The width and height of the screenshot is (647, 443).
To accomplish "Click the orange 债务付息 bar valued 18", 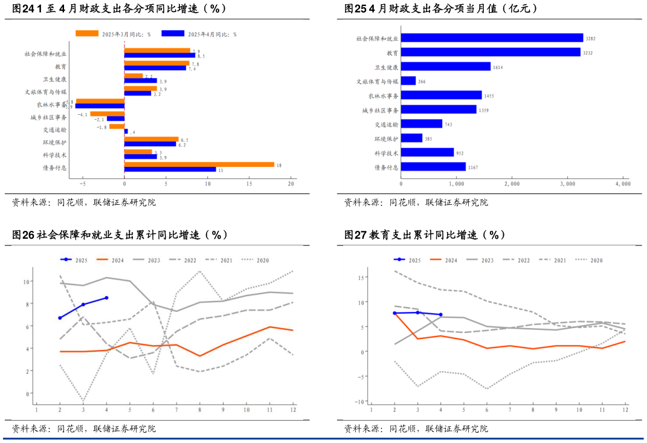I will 199,164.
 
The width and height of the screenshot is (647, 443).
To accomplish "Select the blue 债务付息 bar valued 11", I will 170,169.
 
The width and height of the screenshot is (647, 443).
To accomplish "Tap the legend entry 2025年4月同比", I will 199,34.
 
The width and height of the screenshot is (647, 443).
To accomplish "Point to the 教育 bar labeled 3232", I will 491,52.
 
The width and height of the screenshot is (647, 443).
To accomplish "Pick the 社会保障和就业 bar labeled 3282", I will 492,37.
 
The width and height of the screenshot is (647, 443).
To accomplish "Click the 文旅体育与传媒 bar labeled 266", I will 408,80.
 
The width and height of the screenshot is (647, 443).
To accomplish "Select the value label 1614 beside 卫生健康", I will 498,67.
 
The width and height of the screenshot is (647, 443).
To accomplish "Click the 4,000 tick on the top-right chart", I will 622,184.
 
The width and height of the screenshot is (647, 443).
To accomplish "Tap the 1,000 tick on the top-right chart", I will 457,184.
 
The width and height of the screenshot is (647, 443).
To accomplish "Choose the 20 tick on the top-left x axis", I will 291,184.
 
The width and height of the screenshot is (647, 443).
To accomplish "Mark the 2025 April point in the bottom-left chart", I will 107,297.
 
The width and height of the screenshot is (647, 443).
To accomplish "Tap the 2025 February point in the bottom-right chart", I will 394,313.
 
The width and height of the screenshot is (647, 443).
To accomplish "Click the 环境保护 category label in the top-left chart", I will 54,143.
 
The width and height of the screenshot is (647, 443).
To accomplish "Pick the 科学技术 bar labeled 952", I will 427,152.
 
